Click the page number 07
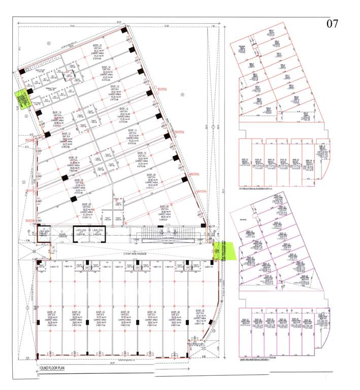[332, 23]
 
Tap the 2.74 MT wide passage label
[119, 252]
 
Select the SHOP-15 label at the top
[96, 46]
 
